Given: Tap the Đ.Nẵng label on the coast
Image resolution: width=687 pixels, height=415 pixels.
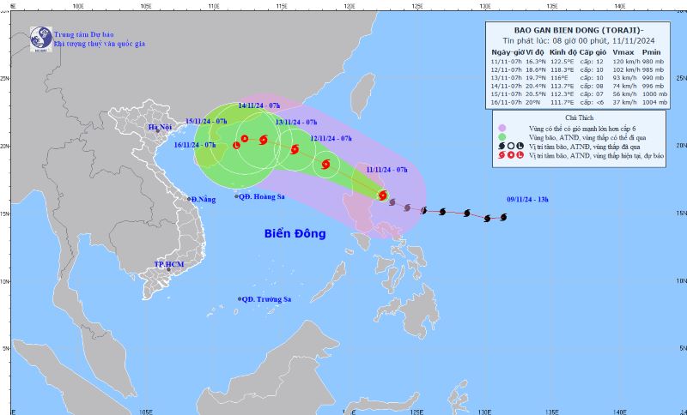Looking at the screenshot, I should pyautogui.click(x=204, y=199).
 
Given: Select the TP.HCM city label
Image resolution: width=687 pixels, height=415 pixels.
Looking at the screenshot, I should pyautogui.click(x=170, y=264).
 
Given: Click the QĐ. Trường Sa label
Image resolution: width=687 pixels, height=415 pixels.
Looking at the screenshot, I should pyautogui.click(x=267, y=299).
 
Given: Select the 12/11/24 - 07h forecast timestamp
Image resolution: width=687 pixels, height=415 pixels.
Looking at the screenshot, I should pyautogui.click(x=331, y=138).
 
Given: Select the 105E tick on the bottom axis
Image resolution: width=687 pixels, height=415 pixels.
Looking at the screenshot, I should pyautogui.click(x=144, y=410).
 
